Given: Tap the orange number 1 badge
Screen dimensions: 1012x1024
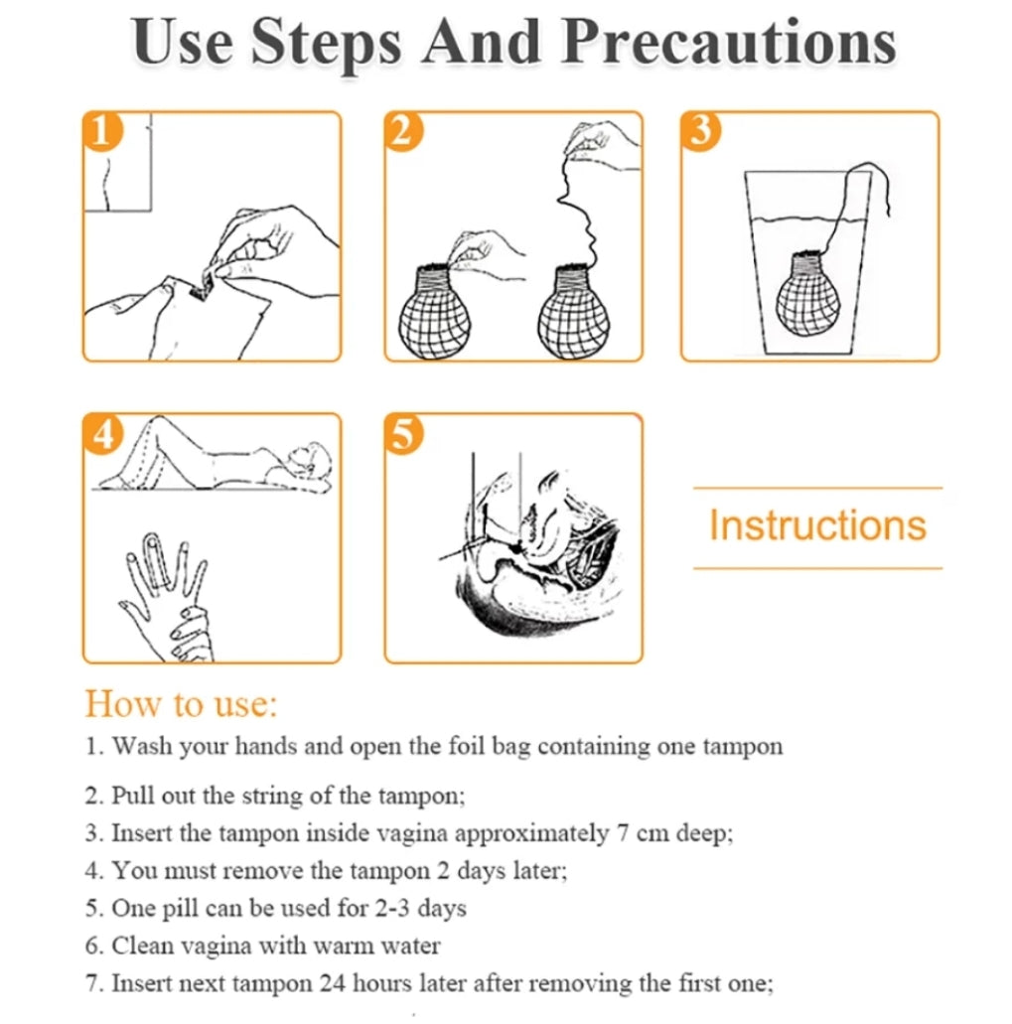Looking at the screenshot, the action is tap(102, 131).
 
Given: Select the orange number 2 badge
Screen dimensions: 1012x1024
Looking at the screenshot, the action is tap(403, 131).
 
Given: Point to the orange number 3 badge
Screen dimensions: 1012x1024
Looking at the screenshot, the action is tap(700, 131).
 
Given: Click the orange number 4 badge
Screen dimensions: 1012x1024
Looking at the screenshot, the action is tap(102, 433).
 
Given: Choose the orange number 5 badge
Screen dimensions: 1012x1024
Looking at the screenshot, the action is tap(403, 433).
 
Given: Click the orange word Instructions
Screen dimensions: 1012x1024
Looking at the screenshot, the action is tap(817, 525).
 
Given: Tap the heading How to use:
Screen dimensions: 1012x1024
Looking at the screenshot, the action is tap(181, 704).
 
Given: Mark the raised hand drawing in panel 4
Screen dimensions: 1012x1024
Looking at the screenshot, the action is tap(167, 596).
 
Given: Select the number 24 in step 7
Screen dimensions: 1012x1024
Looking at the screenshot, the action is tap(333, 983).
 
